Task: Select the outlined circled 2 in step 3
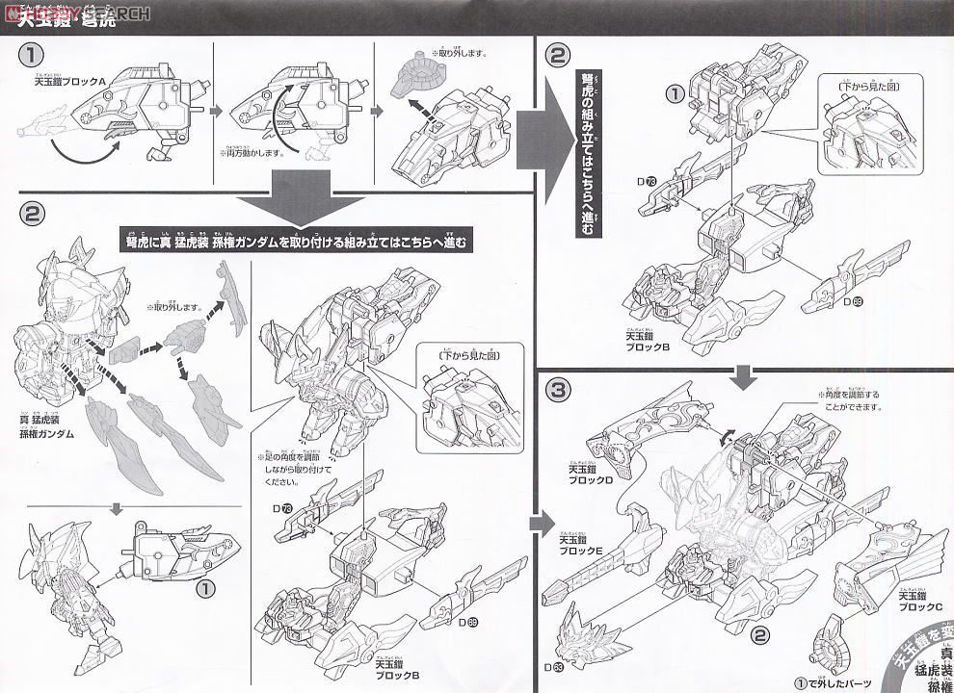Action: click(759, 634)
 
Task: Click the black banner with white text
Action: click(300, 243)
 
